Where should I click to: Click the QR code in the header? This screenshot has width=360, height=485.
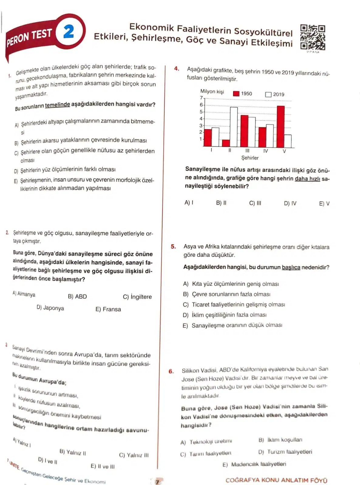312,38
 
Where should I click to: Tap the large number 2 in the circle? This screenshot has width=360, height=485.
69,31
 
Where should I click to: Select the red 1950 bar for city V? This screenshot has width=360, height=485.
281,126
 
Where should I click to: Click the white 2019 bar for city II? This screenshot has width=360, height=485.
234,127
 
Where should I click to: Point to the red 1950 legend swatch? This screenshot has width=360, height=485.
236,94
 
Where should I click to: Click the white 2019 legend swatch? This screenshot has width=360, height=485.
268,94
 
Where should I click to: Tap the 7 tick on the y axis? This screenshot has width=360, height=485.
201,98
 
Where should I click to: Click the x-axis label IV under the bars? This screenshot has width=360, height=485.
266,151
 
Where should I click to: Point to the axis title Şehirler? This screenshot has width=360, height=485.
250,158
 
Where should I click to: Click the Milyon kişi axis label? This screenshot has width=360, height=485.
212,91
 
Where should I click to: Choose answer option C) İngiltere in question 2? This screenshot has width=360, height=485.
137,297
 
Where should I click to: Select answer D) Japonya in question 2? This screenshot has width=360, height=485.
50,308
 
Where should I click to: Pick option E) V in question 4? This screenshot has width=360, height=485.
324,204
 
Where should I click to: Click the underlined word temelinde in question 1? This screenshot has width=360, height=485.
57,105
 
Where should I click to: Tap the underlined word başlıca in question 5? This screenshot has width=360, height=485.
291,267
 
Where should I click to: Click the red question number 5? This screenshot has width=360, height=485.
173,246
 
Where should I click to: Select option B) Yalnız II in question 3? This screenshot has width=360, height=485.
73,453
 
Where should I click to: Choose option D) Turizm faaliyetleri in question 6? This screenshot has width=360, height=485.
285,452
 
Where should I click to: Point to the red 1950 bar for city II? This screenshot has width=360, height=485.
226,143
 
